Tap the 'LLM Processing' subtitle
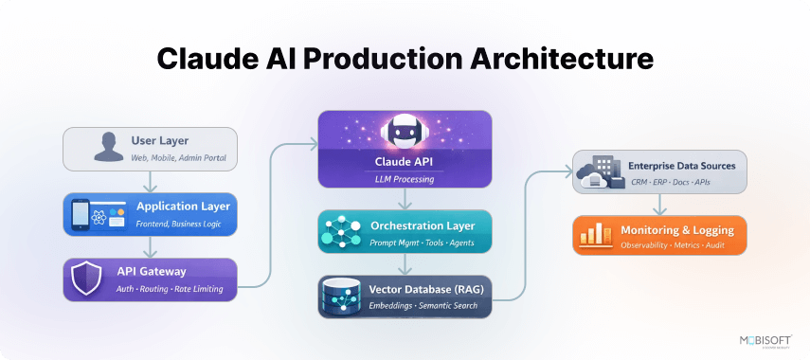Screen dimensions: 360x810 click(x=405, y=178)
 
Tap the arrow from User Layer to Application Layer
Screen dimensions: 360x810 click(x=149, y=182)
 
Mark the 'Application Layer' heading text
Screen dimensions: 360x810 click(x=183, y=207)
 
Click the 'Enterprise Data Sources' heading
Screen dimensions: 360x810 click(x=681, y=165)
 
